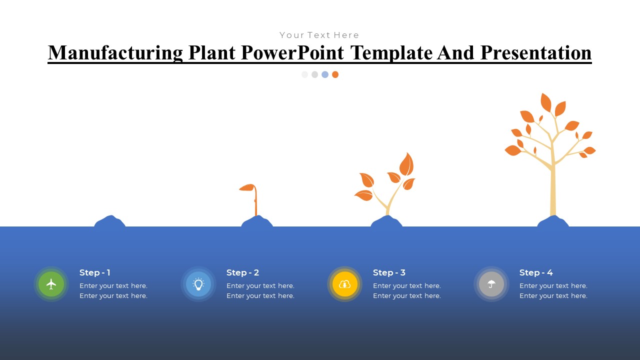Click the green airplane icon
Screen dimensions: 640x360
51,284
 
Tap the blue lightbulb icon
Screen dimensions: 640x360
198,284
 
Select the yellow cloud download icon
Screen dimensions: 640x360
345,284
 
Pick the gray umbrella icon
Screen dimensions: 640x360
491,284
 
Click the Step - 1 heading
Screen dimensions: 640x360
95,272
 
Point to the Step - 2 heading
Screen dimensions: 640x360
242,272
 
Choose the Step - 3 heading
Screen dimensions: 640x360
389,272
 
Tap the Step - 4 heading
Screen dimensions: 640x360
536,272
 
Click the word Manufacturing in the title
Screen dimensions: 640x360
115,53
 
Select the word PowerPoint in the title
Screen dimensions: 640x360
292,53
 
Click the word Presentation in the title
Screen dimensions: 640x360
536,53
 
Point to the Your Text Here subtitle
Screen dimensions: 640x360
319,35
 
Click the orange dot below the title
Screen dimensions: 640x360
335,74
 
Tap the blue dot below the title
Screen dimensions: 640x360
325,74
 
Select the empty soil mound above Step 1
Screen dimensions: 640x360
109,221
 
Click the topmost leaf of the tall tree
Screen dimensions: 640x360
545,102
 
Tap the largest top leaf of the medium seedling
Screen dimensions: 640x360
406,164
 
